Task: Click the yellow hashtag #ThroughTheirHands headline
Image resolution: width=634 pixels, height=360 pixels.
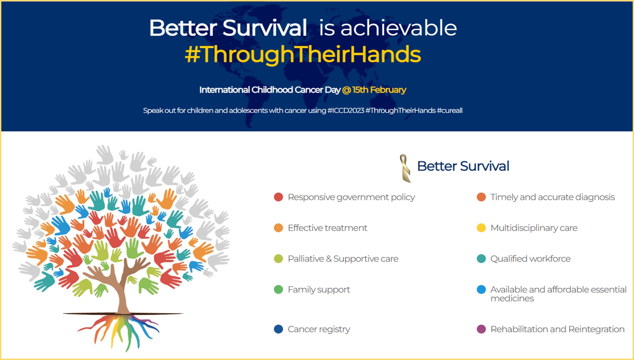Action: click(303, 54)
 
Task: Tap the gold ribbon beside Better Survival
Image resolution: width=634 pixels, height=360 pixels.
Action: click(405, 168)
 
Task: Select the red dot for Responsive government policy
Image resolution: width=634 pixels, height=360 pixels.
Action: click(279, 197)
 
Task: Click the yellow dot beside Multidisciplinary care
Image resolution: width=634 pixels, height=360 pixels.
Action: click(481, 228)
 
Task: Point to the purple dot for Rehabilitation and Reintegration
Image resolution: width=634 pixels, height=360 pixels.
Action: click(481, 329)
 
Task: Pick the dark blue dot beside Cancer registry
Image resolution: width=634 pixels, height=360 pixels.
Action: click(279, 329)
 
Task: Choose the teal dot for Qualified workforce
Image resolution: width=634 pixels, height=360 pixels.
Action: click(481, 259)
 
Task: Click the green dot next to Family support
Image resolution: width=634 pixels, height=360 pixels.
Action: click(279, 290)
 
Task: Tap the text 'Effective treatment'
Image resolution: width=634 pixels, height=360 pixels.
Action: click(327, 228)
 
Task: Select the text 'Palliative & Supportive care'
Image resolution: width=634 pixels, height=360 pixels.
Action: click(343, 259)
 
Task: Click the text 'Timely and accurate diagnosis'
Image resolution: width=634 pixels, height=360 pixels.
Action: click(552, 197)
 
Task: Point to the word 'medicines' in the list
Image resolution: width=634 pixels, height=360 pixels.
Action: click(512, 299)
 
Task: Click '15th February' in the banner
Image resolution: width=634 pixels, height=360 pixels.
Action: click(379, 90)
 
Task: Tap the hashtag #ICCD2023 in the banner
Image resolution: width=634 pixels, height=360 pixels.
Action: click(346, 111)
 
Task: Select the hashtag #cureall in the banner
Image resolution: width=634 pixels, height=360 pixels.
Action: click(450, 111)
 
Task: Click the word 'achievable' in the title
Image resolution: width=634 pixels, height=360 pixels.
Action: click(398, 28)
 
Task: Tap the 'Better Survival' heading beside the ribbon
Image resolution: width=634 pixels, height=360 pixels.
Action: click(463, 166)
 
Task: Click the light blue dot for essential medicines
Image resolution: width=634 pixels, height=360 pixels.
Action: click(481, 290)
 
